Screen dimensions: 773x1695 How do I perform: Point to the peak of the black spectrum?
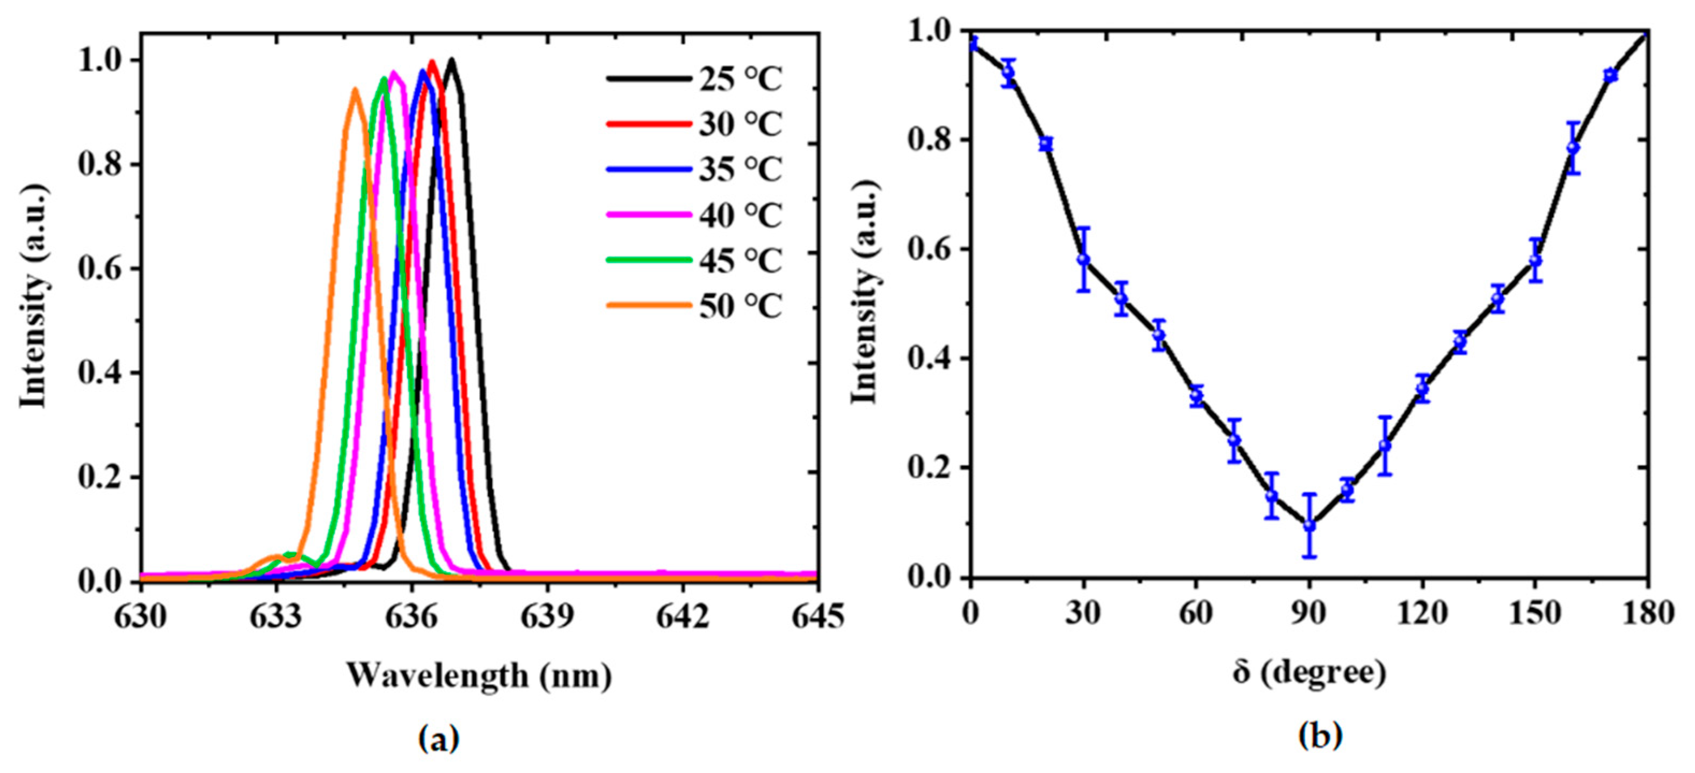click(451, 60)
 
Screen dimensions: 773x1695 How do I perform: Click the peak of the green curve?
click(383, 78)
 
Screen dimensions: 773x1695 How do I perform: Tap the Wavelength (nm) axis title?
click(479, 676)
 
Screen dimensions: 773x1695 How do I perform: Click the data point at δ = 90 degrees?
click(1309, 525)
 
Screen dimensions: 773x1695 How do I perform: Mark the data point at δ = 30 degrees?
click(1084, 259)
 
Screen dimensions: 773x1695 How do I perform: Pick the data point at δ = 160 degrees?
click(1573, 148)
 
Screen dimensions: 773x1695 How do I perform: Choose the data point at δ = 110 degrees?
click(1385, 446)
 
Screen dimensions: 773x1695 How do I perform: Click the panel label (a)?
click(439, 739)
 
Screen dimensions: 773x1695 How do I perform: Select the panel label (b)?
click(1319, 735)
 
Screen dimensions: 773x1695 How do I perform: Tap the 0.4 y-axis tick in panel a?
click(99, 374)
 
